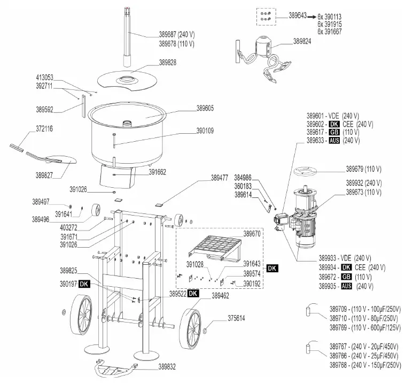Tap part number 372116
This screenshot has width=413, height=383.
pyautogui.click(x=48, y=129)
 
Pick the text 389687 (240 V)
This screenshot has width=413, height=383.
pyautogui.click(x=177, y=35)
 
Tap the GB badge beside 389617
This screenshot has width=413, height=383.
pyautogui.click(x=334, y=132)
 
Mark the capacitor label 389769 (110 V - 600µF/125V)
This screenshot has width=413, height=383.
pyautogui.click(x=365, y=327)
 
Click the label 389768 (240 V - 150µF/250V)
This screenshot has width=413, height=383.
pyautogui.click(x=365, y=365)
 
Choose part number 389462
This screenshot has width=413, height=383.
pyautogui.click(x=221, y=294)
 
